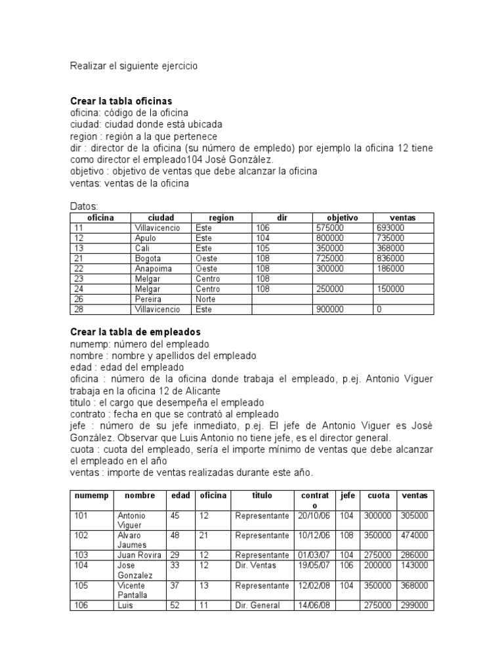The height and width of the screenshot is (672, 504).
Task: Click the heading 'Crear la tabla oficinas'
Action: (121, 101)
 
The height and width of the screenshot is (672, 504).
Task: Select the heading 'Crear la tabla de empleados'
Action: (135, 332)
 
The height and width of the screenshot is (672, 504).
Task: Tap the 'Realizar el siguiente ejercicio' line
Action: (133, 66)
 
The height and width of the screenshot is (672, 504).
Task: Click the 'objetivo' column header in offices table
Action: (342, 217)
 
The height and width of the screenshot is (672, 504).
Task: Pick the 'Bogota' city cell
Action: (148, 259)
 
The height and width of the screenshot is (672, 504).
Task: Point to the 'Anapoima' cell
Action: (152, 268)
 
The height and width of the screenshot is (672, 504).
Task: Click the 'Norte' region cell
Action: (206, 299)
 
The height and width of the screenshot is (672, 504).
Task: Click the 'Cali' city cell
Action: (142, 248)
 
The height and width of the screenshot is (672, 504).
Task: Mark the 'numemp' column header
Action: (91, 495)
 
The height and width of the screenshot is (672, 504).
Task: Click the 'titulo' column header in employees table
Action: (261, 495)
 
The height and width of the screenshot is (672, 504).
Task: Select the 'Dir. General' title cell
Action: (257, 606)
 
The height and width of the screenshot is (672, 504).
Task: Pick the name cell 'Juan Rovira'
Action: (138, 555)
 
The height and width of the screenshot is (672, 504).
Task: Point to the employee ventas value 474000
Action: (414, 535)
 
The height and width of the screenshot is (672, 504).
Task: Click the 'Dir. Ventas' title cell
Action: (256, 565)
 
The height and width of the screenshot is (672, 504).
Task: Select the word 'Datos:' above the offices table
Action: (83, 207)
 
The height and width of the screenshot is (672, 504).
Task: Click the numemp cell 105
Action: (81, 585)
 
